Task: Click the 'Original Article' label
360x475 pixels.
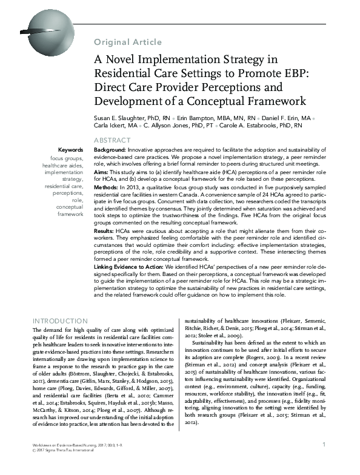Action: (127, 42)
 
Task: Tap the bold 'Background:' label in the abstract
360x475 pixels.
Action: (109, 149)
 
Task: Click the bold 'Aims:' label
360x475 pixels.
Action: (101, 172)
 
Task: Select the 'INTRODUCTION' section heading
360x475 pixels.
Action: (59, 320)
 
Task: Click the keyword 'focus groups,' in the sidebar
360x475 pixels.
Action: (67, 158)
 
